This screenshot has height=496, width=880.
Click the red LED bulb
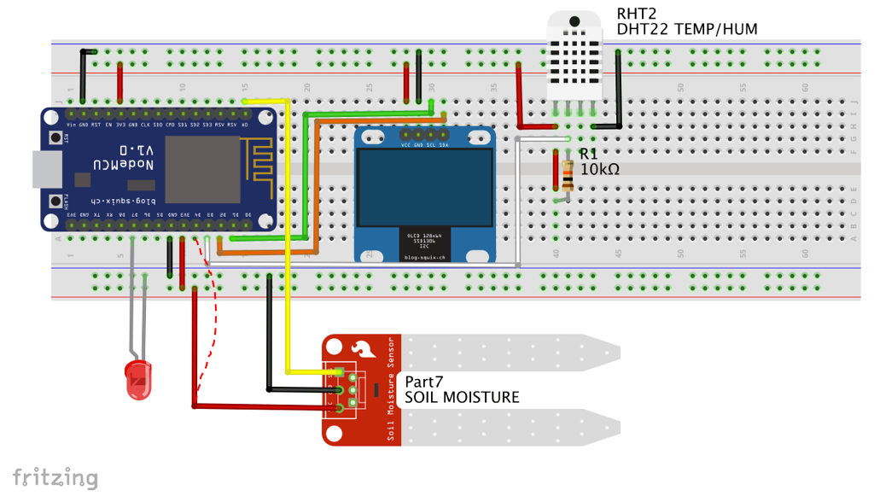[138, 381]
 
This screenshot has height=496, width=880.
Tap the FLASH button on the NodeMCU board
[55, 201]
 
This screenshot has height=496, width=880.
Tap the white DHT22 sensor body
[574, 56]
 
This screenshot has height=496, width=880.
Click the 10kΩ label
[599, 169]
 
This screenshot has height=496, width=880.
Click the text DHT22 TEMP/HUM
[687, 29]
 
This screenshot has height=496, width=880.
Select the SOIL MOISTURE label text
[461, 397]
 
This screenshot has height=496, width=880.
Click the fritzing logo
[55, 477]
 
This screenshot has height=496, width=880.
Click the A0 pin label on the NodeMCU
[245, 125]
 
